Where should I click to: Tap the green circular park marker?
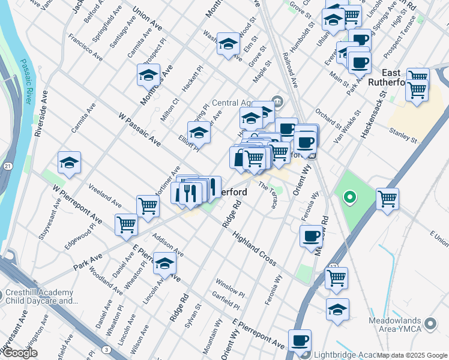coord(349,197)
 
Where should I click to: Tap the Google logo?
coord(20,353)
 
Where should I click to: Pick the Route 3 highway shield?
coord(106,349)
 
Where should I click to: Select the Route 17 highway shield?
coord(334,266)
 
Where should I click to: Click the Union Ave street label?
coord(147,20)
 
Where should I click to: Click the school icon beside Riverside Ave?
coord(70,163)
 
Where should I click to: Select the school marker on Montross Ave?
coord(148,76)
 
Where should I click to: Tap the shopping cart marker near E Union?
coord(388,199)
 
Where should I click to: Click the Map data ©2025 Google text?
coord(412,355)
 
